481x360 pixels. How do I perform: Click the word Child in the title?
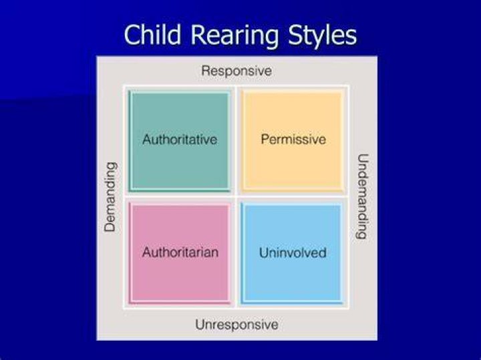point(152,35)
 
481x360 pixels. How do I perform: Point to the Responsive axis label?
point(236,71)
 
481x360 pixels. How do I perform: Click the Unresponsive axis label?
point(236,325)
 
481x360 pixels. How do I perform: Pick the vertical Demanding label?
point(110,197)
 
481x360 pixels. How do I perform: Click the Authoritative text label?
point(180,140)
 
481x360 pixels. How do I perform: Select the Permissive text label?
point(293,139)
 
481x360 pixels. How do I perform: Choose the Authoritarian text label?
point(180,252)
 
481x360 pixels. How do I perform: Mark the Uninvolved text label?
point(293,252)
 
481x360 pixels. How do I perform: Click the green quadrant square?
point(180,142)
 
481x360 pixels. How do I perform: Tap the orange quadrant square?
point(293,142)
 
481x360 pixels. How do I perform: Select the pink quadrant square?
point(180,254)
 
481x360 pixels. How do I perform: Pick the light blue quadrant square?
point(292,254)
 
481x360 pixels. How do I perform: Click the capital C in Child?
point(132,35)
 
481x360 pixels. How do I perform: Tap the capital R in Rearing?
point(199,35)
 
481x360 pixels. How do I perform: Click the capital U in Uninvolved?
point(264,253)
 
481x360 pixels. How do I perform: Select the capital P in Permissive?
point(265,139)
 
